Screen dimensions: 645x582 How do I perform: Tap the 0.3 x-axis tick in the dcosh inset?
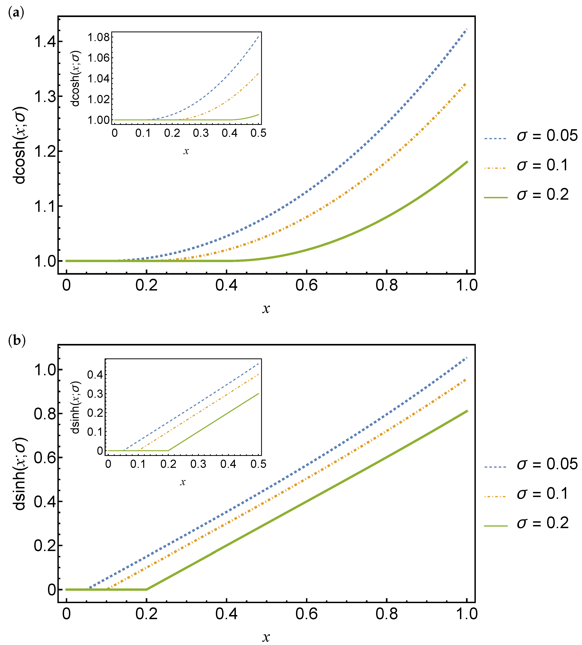coord(201,133)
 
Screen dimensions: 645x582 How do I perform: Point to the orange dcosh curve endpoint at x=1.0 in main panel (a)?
coord(466,84)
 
